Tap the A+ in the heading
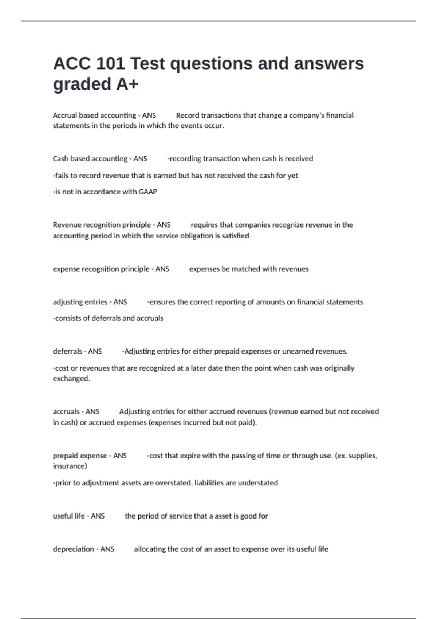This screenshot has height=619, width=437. pyautogui.click(x=127, y=84)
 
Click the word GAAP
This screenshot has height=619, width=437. pyautogui.click(x=148, y=192)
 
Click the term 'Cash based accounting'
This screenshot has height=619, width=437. pyautogui.click(x=90, y=159)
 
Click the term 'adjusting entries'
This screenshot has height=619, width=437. pyautogui.click(x=80, y=302)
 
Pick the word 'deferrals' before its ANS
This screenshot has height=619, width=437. pyautogui.click(x=67, y=351)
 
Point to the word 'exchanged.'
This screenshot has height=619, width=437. pyautogui.click(x=71, y=379)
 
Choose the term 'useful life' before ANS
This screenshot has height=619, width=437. pyautogui.click(x=69, y=516)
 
